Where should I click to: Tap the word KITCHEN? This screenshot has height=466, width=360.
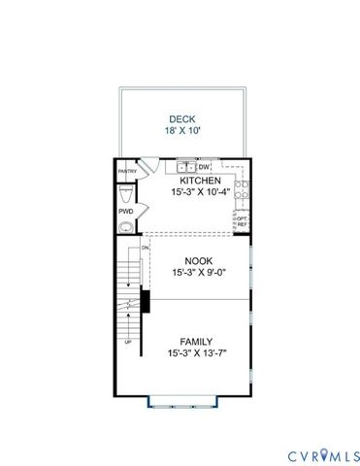tap(201, 182)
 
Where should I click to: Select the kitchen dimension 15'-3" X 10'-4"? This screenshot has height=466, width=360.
tap(201, 193)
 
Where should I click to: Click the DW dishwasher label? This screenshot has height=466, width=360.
tap(206, 169)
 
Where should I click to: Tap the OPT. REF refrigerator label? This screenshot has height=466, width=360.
tap(242, 222)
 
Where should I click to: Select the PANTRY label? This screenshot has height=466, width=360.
tap(126, 172)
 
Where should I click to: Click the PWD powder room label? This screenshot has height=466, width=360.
tap(126, 211)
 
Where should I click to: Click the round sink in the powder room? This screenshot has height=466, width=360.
tap(123, 229)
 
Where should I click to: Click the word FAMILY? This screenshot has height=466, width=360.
tap(197, 342)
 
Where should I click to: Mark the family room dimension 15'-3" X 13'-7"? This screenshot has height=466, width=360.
tap(197, 354)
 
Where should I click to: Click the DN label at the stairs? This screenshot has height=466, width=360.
tap(146, 248)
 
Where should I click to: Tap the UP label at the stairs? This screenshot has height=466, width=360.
tap(127, 343)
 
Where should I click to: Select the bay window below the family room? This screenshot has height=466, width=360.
tap(181, 398)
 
